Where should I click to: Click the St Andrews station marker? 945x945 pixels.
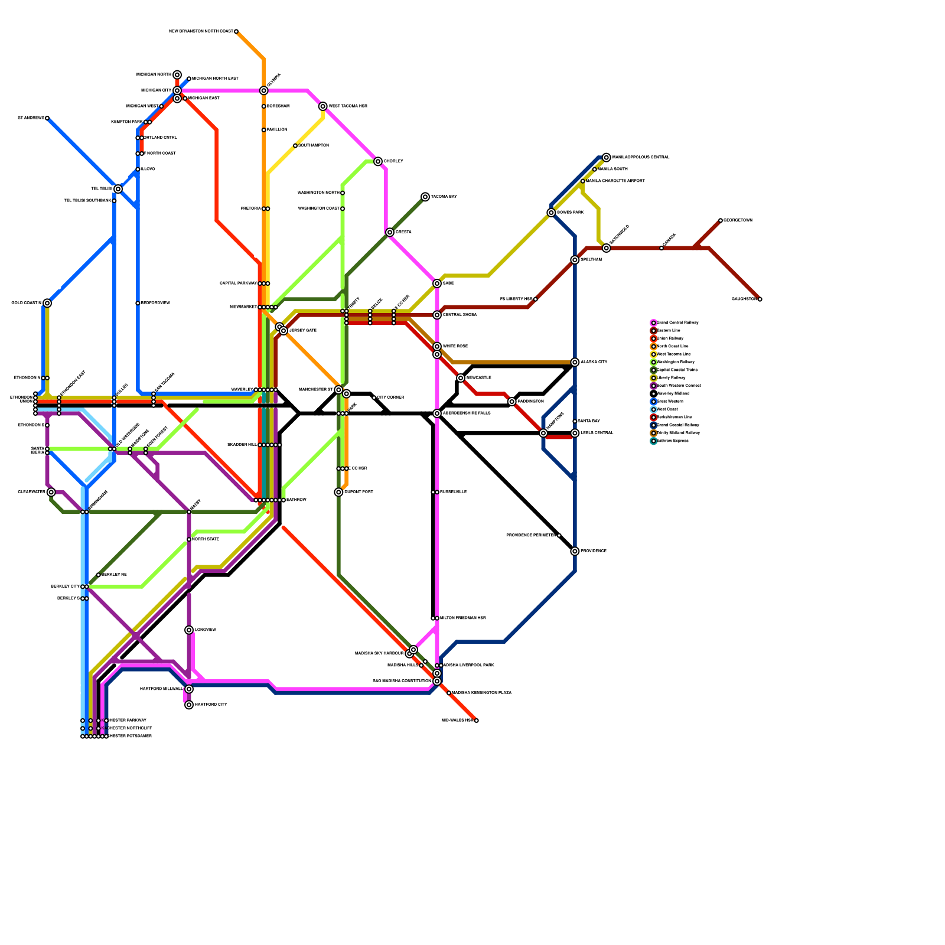(x=47, y=118)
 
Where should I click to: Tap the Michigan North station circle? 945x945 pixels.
(x=177, y=75)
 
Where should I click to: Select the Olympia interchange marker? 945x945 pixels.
(x=264, y=90)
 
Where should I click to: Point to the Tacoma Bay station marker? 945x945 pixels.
(x=425, y=197)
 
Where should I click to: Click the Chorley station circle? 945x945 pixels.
(x=378, y=161)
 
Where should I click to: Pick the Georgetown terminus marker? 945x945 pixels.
(x=721, y=220)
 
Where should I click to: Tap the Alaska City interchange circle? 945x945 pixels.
(x=575, y=362)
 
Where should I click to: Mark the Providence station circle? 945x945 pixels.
(x=575, y=551)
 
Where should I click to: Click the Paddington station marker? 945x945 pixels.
(x=512, y=402)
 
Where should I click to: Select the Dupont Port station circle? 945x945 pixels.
(x=338, y=492)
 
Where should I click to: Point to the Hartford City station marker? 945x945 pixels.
(x=189, y=705)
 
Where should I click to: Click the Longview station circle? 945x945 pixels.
(x=189, y=630)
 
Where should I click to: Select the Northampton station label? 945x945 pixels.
(x=314, y=146)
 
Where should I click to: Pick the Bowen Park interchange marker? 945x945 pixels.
(x=551, y=213)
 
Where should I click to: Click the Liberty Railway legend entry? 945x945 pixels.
(x=671, y=378)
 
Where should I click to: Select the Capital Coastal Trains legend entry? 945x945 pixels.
(x=677, y=370)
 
